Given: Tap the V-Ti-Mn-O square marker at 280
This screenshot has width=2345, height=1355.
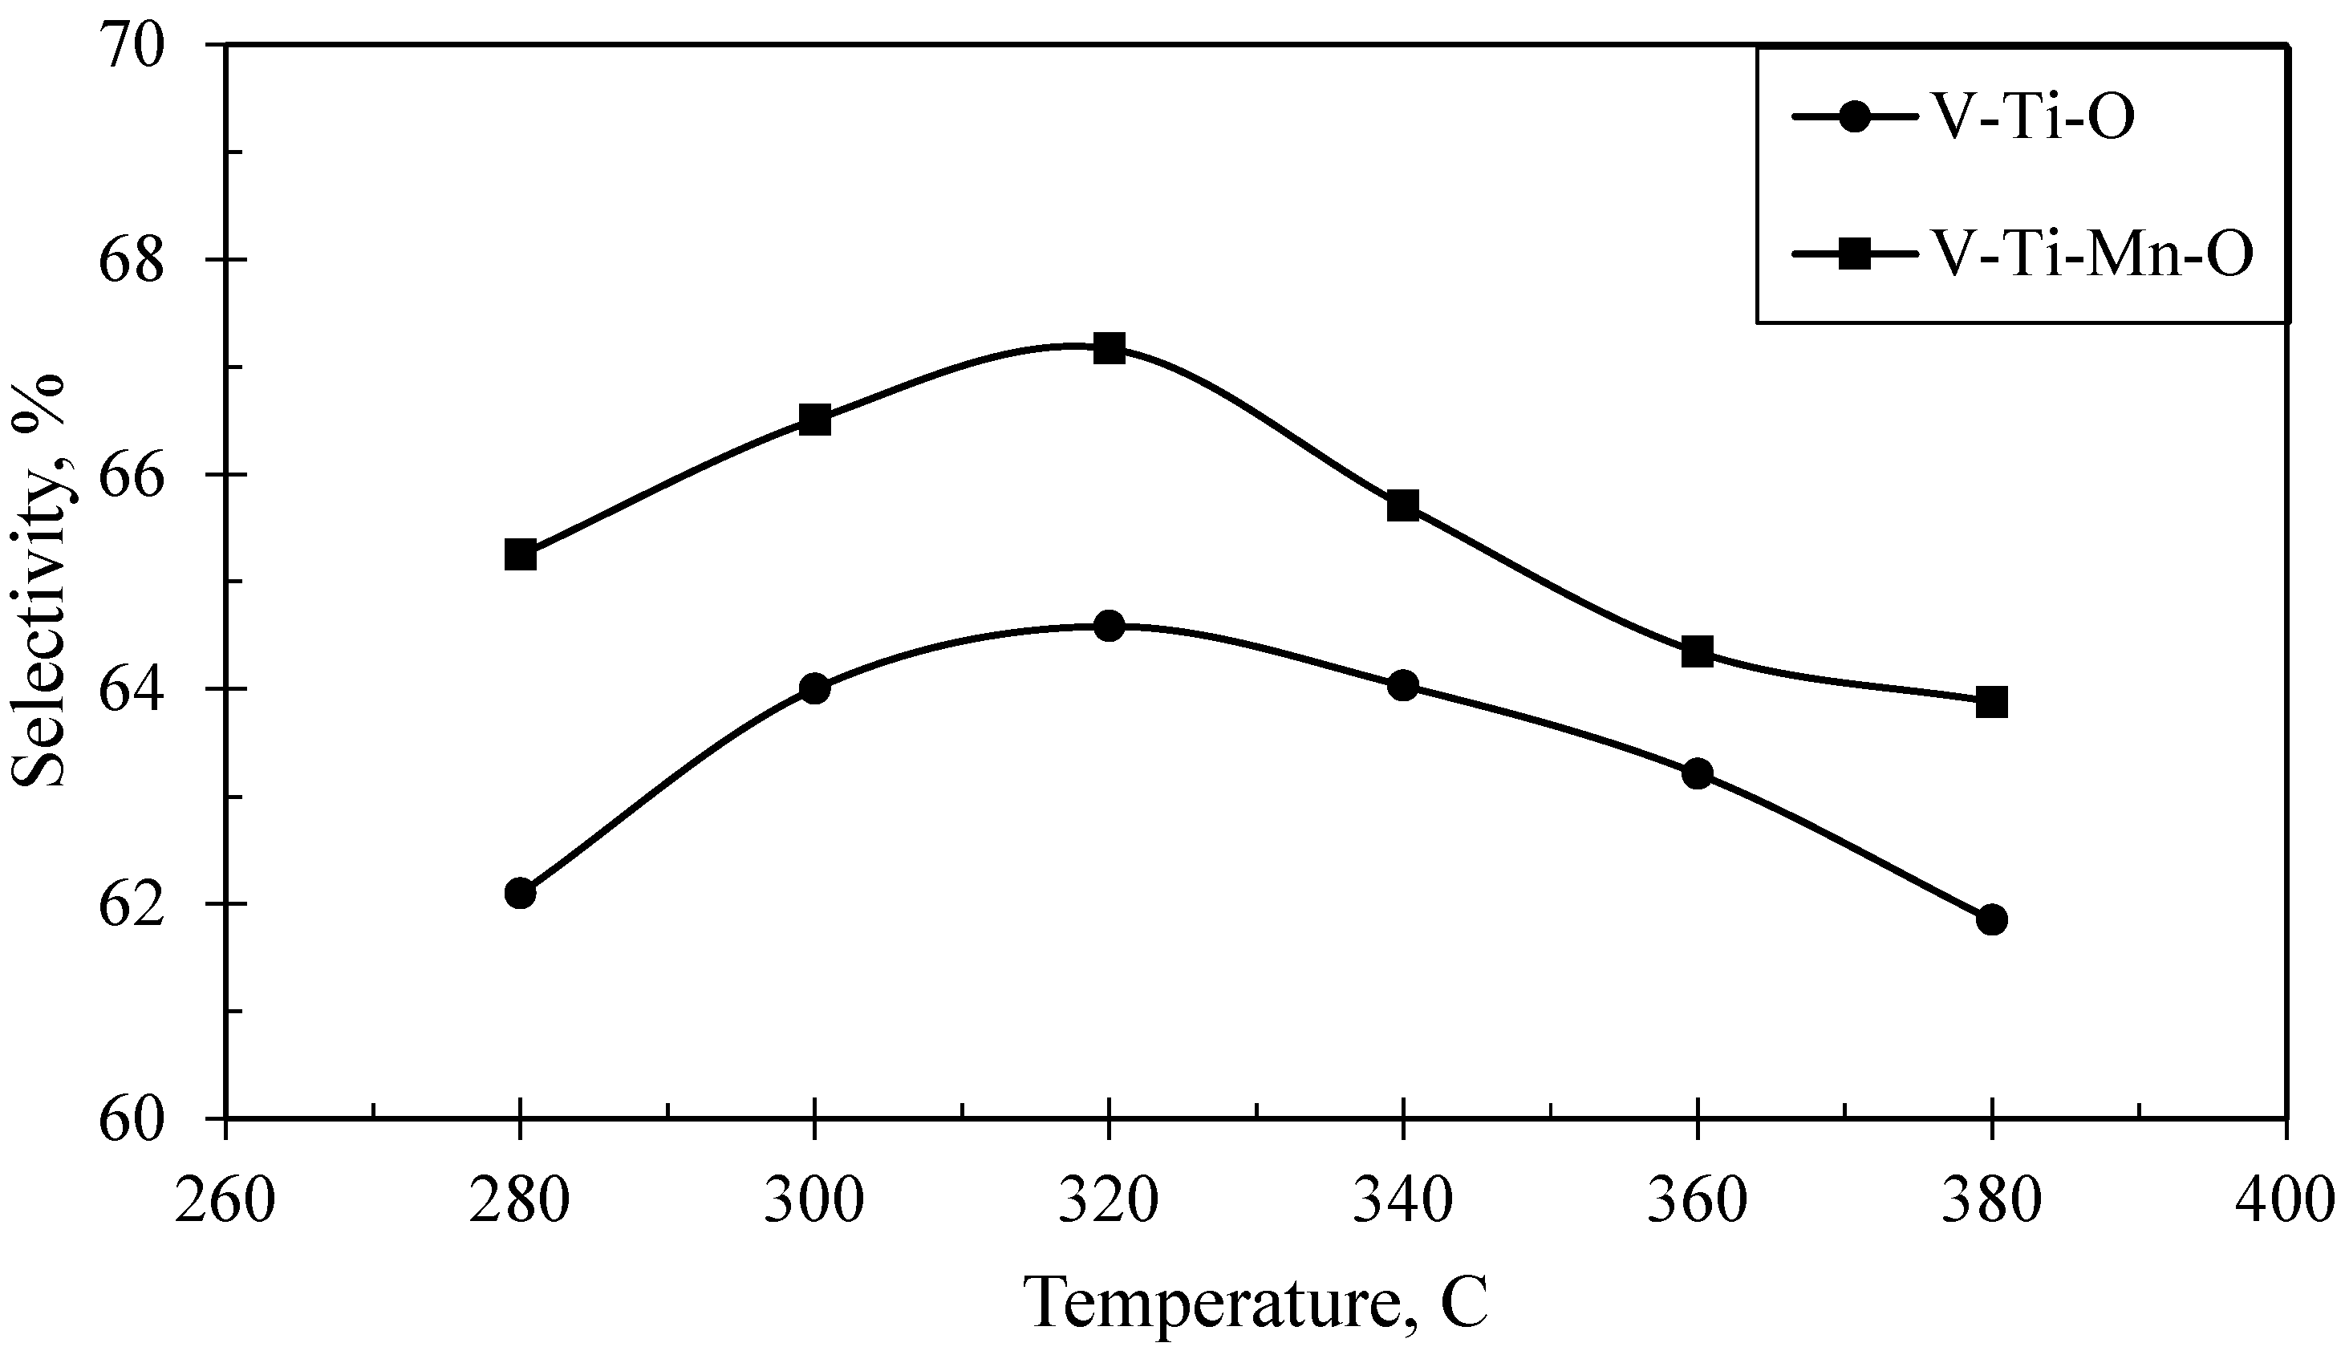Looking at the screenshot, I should pyautogui.click(x=520, y=554).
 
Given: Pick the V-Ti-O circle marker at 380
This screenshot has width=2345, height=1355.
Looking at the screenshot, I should pyautogui.click(x=1991, y=919).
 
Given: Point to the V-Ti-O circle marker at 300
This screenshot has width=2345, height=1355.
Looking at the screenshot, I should pyautogui.click(x=814, y=688).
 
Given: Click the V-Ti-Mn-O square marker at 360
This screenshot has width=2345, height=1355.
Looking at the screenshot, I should pyautogui.click(x=1698, y=651).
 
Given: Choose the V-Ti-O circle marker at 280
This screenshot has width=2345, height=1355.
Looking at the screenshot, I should pyautogui.click(x=520, y=894).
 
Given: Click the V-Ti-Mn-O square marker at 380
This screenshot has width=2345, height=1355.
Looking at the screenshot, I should pyautogui.click(x=1991, y=702).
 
